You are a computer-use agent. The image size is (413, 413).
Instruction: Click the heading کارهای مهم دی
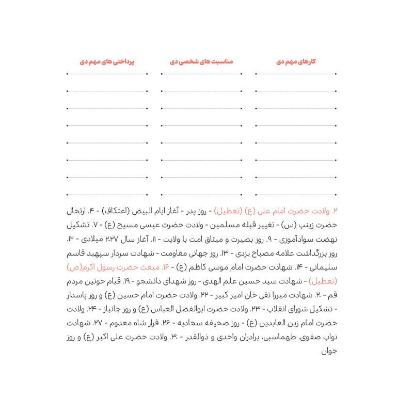click(x=295, y=61)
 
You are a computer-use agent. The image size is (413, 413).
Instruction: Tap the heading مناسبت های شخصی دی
click(x=201, y=61)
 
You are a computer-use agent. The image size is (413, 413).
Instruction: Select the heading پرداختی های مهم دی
click(x=107, y=61)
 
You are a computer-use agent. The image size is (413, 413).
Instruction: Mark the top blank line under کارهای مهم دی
click(x=295, y=75)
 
